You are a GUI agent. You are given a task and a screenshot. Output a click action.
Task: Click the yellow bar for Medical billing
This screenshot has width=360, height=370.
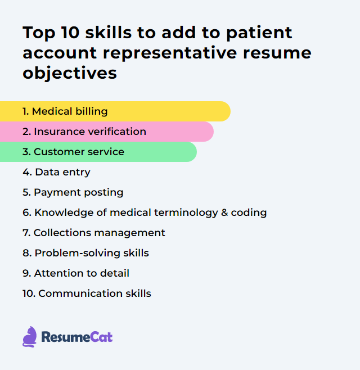(x=115, y=111)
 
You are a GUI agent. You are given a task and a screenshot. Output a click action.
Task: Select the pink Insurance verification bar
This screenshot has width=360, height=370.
(x=107, y=132)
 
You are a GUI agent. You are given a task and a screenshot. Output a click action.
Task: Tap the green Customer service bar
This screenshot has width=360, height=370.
(x=98, y=152)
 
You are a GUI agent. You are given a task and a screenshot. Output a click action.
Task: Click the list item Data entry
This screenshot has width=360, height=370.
(x=56, y=172)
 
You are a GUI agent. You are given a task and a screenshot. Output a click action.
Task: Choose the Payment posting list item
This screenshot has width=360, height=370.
(x=73, y=192)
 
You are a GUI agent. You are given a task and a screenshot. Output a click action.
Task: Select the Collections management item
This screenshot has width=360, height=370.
(x=94, y=233)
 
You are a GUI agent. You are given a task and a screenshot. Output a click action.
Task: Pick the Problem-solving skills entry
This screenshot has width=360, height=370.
(x=85, y=253)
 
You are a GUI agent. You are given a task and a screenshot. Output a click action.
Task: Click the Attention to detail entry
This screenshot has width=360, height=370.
(x=76, y=273)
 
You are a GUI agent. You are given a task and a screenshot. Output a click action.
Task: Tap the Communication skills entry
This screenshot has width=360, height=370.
(x=87, y=294)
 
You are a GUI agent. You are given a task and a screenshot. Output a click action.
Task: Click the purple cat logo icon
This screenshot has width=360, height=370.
(x=29, y=337)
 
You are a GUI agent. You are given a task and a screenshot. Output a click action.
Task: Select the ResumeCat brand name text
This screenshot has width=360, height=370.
(x=77, y=337)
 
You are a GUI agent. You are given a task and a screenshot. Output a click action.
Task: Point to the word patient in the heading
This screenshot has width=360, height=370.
(x=260, y=33)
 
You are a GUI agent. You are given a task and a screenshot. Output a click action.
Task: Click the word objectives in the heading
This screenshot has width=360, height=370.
(x=70, y=73)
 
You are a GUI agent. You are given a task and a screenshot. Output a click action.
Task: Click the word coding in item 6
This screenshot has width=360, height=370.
(x=251, y=213)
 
